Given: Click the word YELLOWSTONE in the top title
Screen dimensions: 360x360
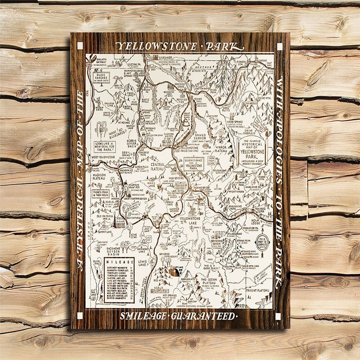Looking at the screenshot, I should point(157,46).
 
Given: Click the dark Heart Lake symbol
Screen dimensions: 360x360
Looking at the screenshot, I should point(173,272).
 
